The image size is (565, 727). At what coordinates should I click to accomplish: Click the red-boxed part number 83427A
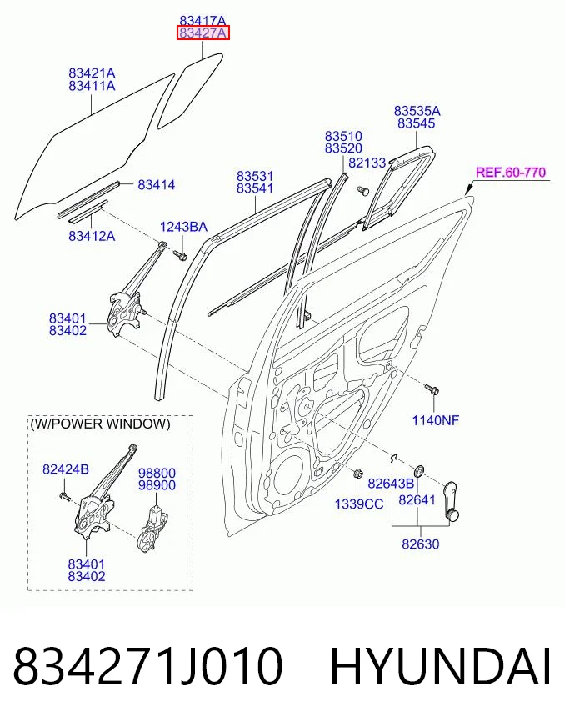(x=203, y=33)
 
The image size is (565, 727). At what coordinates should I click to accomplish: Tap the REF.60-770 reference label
(x=511, y=173)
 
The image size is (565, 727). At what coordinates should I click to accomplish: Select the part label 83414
(x=157, y=185)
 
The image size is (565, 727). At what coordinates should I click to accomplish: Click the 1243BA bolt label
(x=183, y=227)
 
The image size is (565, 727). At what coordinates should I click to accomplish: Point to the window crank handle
(x=449, y=501)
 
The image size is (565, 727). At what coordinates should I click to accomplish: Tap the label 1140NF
(x=436, y=420)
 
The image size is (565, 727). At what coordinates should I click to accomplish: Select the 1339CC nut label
(x=359, y=504)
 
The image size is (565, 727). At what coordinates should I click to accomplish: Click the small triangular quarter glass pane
(x=190, y=90)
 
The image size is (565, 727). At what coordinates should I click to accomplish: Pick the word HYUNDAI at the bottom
(x=441, y=667)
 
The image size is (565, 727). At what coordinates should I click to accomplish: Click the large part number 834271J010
(x=147, y=667)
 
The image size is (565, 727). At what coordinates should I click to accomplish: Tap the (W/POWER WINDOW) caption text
(x=100, y=424)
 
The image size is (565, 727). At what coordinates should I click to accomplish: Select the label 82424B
(x=66, y=469)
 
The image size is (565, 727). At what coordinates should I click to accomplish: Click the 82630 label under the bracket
(x=420, y=544)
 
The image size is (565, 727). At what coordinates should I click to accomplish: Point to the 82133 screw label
(x=367, y=163)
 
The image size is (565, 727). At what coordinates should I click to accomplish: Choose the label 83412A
(x=92, y=236)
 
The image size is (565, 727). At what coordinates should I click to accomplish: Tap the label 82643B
(x=391, y=484)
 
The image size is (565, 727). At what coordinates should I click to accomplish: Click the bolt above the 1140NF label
(x=432, y=389)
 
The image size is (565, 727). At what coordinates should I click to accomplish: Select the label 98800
(x=157, y=474)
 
